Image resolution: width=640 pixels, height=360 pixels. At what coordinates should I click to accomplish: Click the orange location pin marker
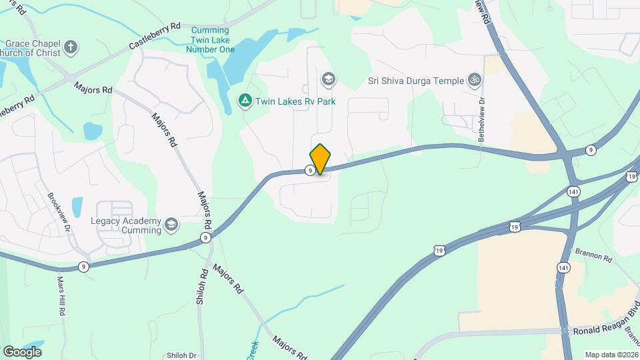click(321, 159)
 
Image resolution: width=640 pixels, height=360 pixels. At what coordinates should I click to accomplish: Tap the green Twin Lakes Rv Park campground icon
click(245, 101)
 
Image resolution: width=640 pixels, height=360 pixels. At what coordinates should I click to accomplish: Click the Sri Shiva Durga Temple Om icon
click(475, 81)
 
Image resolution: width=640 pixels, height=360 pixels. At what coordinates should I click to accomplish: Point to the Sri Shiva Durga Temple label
click(416, 81)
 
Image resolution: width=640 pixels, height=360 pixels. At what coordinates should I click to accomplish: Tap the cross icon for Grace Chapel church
click(71, 47)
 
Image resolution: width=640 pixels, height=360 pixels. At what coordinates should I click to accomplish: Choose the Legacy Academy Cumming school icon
click(171, 225)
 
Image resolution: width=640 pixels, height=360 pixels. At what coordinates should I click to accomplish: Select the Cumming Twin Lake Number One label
click(210, 39)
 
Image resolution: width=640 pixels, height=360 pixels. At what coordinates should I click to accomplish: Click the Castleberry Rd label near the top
click(155, 36)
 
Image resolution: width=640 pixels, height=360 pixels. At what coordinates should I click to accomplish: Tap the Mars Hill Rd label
click(61, 296)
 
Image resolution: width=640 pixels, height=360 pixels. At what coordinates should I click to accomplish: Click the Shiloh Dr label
click(181, 355)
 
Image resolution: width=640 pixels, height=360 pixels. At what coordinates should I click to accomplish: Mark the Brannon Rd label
click(593, 256)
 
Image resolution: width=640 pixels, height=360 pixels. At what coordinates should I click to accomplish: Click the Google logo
click(22, 351)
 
